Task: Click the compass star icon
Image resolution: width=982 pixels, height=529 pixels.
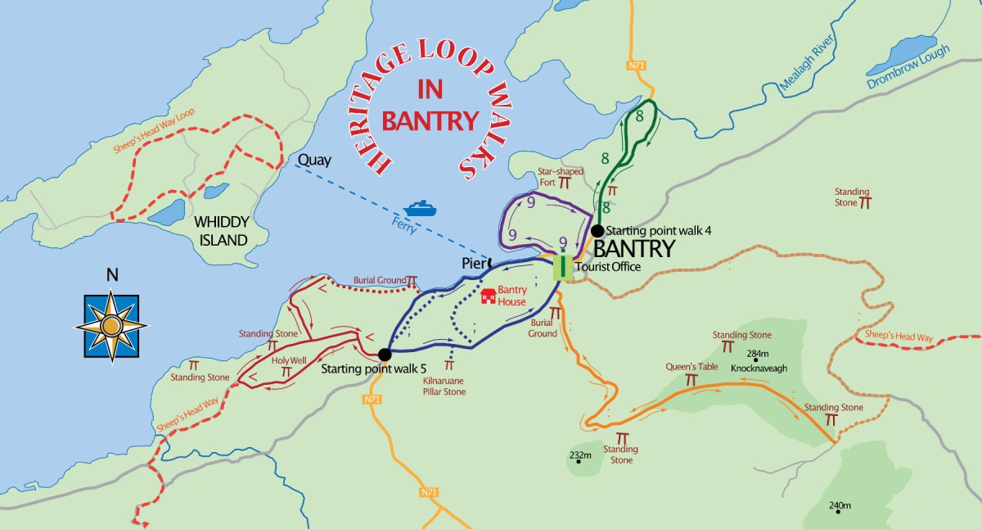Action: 112,327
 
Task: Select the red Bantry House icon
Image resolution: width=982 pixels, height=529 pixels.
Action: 489,296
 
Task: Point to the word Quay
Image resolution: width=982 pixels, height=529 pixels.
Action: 315,160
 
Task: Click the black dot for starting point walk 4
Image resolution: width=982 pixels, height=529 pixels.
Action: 597,231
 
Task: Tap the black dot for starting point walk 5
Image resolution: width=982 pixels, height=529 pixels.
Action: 384,355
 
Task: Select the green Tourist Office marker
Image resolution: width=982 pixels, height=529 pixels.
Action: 562,267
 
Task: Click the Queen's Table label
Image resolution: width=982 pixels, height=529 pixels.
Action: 691,367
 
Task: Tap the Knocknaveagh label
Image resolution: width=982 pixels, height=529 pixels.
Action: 759,368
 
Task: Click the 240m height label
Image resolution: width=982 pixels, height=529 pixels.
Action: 840,505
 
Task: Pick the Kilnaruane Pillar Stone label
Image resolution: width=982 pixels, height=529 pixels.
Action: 444,387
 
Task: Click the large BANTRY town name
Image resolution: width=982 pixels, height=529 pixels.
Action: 633,249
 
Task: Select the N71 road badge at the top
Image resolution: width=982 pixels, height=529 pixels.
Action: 638,65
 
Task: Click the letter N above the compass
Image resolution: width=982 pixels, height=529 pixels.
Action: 112,275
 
